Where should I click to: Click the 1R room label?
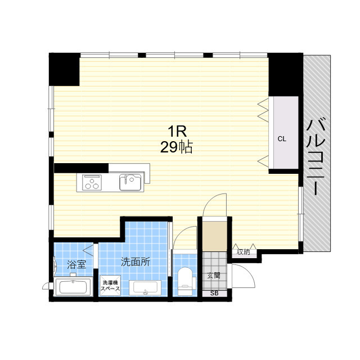[x=177, y=131]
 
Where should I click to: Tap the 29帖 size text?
[x=176, y=147]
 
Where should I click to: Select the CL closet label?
[x=282, y=139]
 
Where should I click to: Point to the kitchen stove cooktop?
[x=92, y=182]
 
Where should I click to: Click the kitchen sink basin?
[x=130, y=182]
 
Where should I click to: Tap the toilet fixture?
[x=185, y=281]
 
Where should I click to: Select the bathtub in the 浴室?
[x=73, y=286]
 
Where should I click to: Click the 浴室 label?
[x=76, y=265]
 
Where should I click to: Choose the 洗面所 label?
[x=136, y=262]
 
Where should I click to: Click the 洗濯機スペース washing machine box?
[x=110, y=285]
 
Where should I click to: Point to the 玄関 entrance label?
[x=214, y=275]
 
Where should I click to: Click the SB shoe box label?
[x=214, y=293]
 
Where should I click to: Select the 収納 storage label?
[x=244, y=252]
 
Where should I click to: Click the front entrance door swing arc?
[x=249, y=272]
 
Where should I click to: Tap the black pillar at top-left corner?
[x=64, y=69]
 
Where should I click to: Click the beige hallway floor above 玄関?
[x=215, y=236]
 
